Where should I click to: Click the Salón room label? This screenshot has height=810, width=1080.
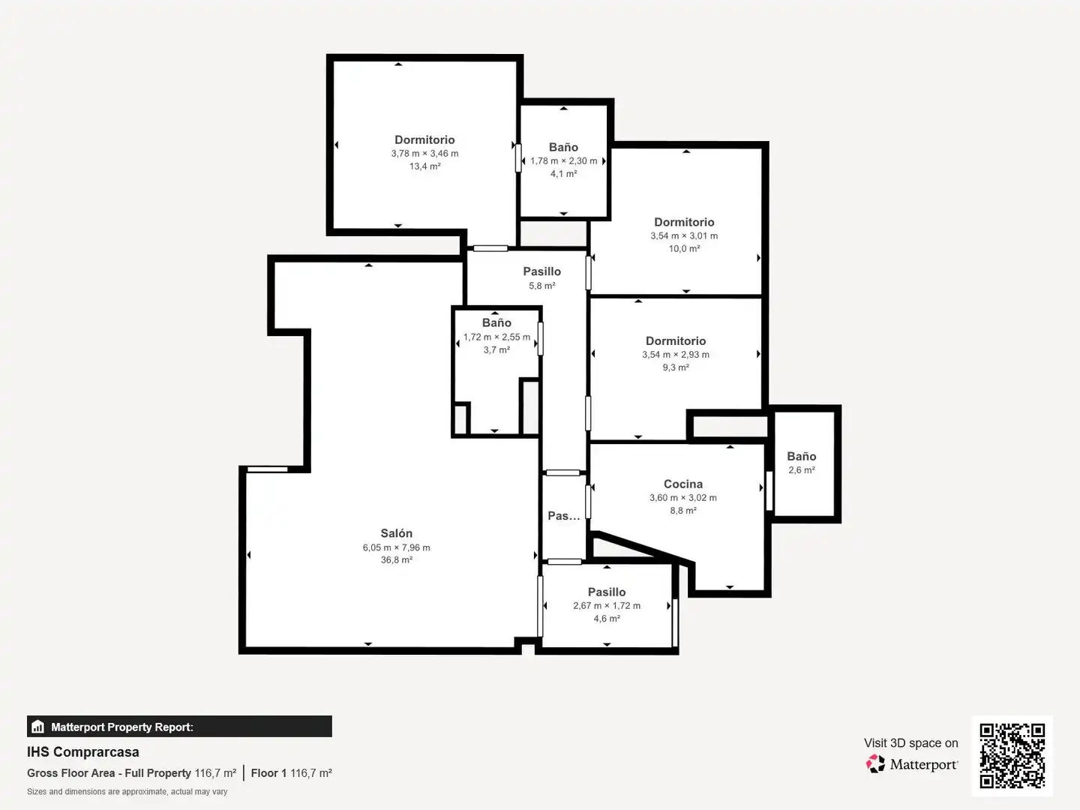pos(396,533)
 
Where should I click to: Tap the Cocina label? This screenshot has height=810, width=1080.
pos(683,484)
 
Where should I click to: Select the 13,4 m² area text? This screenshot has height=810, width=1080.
pos(424,166)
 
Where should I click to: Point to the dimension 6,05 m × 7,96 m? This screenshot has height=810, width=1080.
pos(396,547)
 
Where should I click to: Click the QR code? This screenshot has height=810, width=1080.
pos(1012,755)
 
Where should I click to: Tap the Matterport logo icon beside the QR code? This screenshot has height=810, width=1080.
pos(875,763)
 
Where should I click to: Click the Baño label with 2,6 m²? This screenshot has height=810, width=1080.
pos(802,457)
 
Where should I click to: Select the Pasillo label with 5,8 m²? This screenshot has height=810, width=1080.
pos(541,271)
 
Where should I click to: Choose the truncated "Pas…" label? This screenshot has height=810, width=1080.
pos(564,516)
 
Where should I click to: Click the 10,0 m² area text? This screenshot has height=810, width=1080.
pos(684,249)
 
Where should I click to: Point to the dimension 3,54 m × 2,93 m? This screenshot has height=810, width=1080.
pos(676,355)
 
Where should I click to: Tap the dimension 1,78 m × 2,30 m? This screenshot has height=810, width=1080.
pos(563,160)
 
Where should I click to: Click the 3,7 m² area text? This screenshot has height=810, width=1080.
pos(496,349)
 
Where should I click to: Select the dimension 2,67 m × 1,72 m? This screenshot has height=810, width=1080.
pos(607,606)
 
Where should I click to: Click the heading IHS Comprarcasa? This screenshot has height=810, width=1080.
pos(83,752)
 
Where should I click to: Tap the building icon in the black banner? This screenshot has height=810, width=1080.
pos(38,727)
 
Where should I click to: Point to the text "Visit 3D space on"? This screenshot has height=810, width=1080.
pos(910,743)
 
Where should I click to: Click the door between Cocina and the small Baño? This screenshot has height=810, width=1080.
pos(769,490)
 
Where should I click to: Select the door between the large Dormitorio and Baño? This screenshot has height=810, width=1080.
pos(518,157)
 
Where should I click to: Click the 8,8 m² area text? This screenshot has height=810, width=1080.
pos(683,511)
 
